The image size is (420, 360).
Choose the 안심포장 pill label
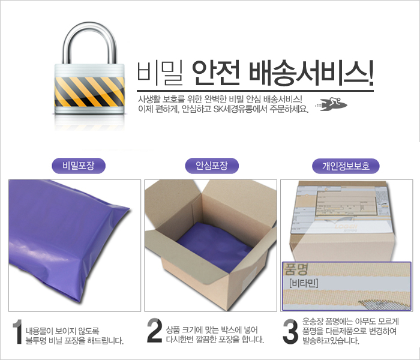(x=211, y=165)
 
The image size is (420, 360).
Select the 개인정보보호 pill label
(x=346, y=165)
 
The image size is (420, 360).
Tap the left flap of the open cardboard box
(x=158, y=228)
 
